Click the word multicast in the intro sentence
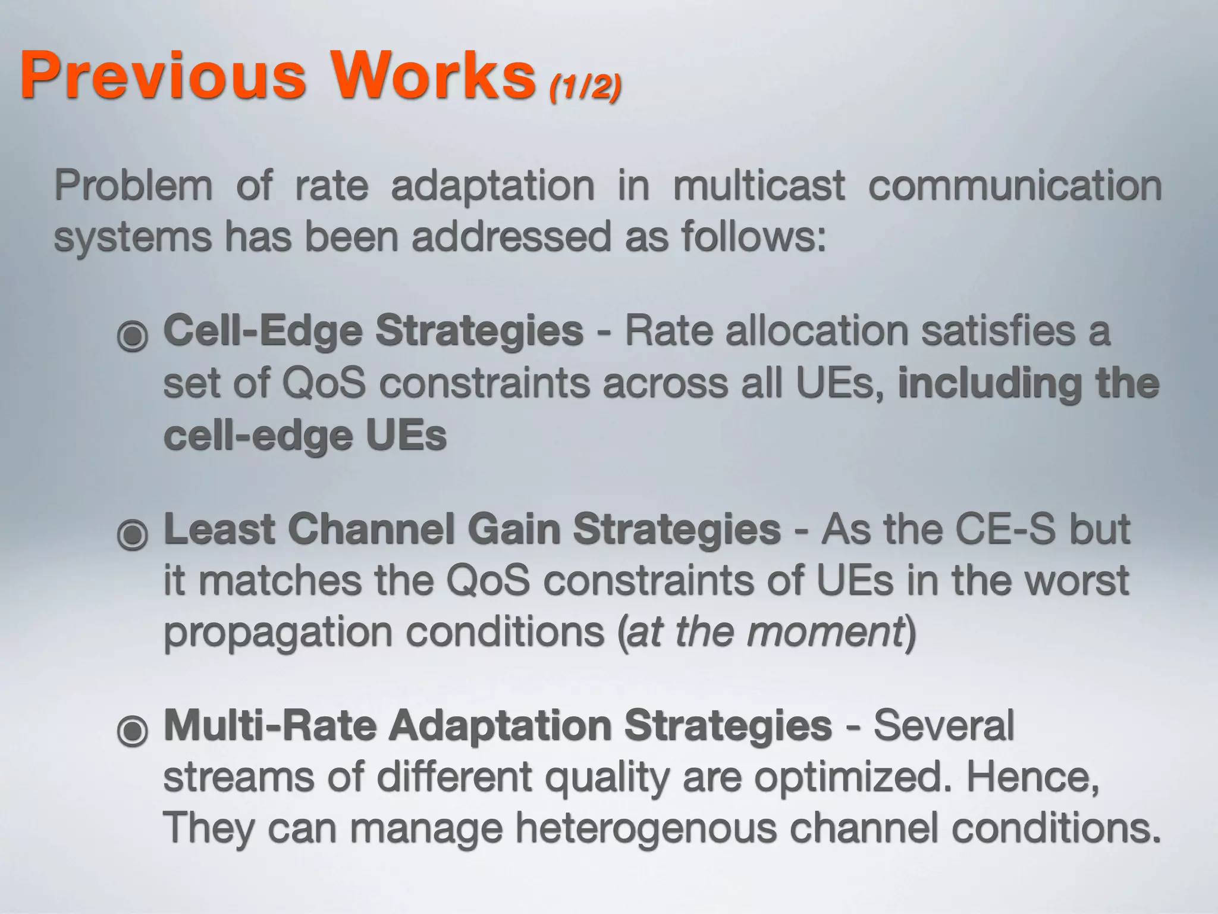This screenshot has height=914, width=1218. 758,185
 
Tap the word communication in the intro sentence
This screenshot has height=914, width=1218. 1015,185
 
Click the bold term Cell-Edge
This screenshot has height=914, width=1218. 262,331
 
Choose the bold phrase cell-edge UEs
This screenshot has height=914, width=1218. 304,436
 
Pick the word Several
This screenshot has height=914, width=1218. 944,725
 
